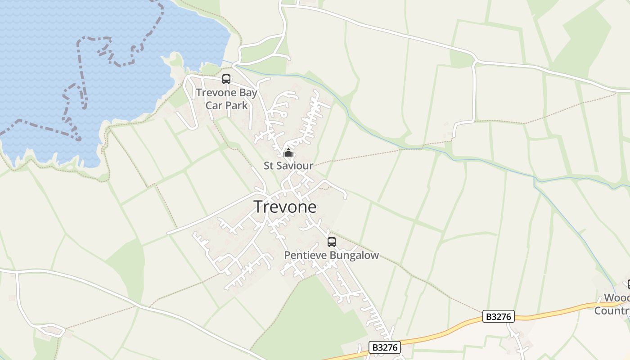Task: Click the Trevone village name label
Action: (285, 207)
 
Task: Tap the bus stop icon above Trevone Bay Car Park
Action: (226, 79)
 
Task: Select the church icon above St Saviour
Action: (288, 153)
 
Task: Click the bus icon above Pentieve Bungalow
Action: (332, 242)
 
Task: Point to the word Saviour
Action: (295, 166)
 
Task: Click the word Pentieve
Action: (306, 256)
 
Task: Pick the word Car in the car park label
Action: (214, 105)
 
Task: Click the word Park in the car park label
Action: (237, 105)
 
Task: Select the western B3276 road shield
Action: (385, 347)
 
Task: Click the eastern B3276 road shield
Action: (499, 317)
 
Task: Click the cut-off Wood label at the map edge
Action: (616, 298)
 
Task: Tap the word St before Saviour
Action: (269, 166)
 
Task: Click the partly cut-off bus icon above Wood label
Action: (628, 284)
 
